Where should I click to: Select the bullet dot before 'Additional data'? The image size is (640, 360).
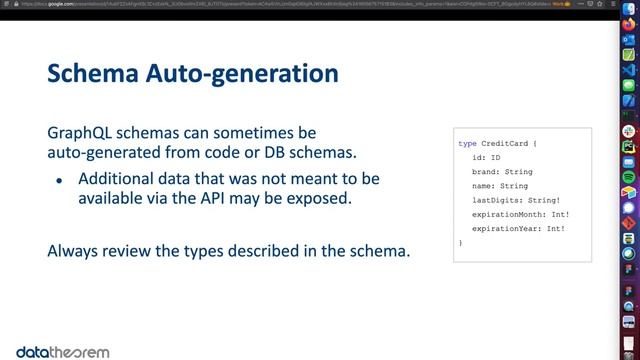(60, 180)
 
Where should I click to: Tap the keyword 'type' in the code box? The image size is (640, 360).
(467, 144)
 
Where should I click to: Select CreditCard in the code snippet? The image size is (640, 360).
(507, 144)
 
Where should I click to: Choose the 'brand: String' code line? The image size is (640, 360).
(502, 172)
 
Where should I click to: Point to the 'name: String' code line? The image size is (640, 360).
(499, 186)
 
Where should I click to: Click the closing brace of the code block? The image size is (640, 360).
(461, 243)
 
